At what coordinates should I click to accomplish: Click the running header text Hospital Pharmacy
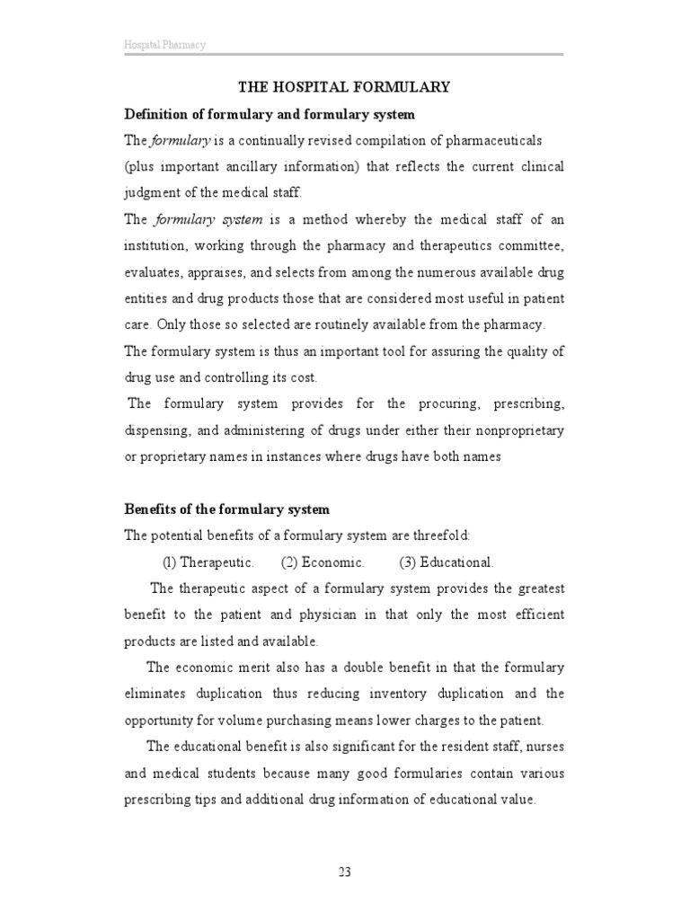(164, 45)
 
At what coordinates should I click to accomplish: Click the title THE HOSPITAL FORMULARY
(343, 87)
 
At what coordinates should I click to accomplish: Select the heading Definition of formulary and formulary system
(269, 115)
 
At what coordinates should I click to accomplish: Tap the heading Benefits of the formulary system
(226, 509)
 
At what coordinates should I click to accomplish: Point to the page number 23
(344, 870)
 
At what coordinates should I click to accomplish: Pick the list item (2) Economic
(323, 562)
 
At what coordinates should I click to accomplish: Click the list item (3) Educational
(447, 562)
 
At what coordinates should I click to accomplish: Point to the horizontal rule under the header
(344, 56)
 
